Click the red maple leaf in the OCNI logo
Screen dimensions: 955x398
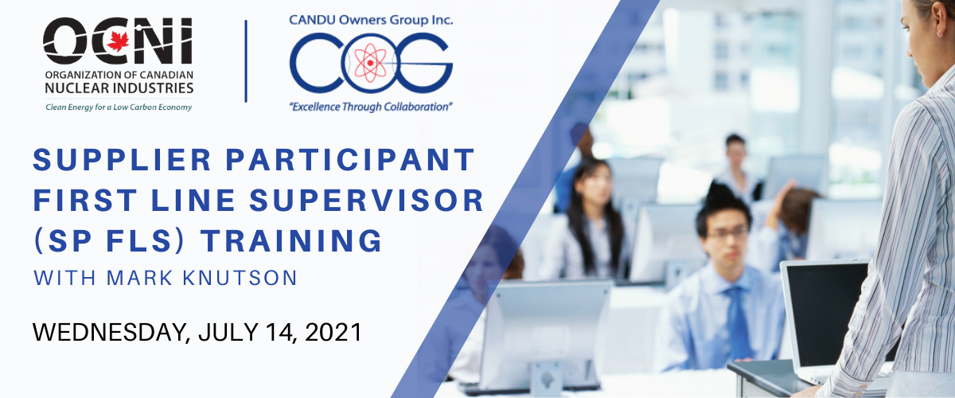(118, 41)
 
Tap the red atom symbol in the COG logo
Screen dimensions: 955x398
(370, 63)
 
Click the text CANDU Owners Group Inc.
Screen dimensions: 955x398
(371, 20)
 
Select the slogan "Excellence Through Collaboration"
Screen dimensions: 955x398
(371, 107)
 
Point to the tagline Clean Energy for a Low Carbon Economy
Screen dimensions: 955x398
(119, 107)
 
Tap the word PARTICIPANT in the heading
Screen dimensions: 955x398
(350, 159)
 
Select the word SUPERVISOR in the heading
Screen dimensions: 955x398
(366, 200)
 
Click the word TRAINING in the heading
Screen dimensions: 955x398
(291, 241)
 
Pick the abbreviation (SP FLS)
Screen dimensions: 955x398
(109, 241)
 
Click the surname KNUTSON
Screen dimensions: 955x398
(240, 278)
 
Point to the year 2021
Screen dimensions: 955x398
(333, 332)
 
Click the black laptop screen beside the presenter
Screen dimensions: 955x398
(825, 314)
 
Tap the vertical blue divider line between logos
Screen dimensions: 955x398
(246, 61)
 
